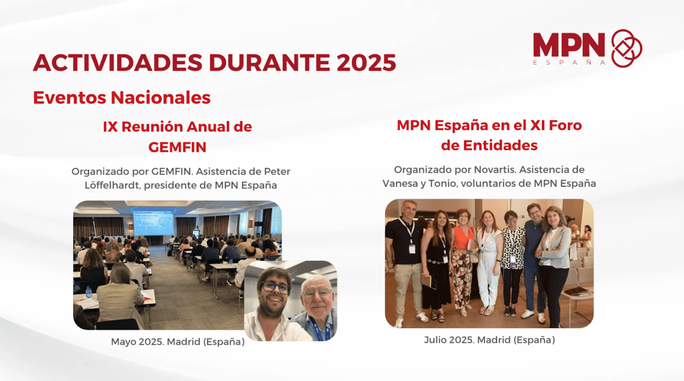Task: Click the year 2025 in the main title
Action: click(x=366, y=62)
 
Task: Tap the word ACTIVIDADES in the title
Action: click(x=118, y=62)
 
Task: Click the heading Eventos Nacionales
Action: click(x=122, y=97)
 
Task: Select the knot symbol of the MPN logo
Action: click(x=627, y=48)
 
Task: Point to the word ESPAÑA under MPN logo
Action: click(x=569, y=62)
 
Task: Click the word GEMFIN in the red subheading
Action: click(x=177, y=147)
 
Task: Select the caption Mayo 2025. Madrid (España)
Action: click(x=178, y=342)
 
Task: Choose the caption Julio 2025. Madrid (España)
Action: click(x=490, y=340)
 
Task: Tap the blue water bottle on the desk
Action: click(x=89, y=292)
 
